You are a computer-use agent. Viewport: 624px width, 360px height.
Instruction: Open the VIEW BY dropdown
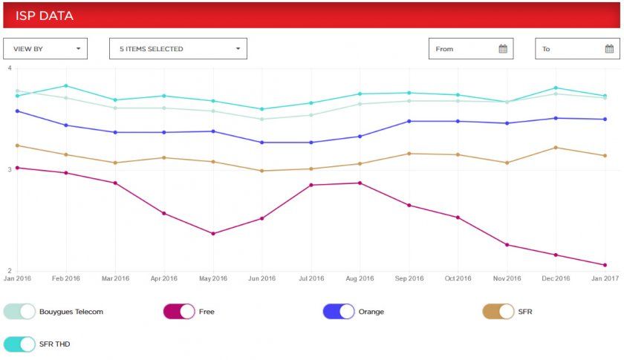pyautogui.click(x=45, y=49)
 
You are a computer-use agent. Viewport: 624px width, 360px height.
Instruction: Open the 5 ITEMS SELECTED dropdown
pyautogui.click(x=178, y=49)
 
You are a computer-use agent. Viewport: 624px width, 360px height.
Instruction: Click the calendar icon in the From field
pyautogui.click(x=503, y=49)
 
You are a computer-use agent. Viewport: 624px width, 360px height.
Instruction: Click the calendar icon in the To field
pyautogui.click(x=609, y=49)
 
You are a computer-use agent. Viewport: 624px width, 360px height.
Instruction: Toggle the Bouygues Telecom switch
pyautogui.click(x=20, y=312)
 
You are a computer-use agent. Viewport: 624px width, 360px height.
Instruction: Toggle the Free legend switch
pyautogui.click(x=179, y=312)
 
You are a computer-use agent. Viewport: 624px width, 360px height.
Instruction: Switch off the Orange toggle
pyautogui.click(x=339, y=312)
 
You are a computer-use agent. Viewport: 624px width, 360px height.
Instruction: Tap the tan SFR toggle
pyautogui.click(x=498, y=312)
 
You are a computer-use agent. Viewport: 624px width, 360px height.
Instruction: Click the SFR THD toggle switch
pyautogui.click(x=20, y=344)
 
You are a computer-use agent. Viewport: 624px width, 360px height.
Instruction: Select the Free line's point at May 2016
pyautogui.click(x=213, y=234)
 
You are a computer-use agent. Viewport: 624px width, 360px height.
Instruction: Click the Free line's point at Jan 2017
pyautogui.click(x=605, y=265)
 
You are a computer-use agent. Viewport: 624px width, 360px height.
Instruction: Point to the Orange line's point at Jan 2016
pyautogui.click(x=17, y=111)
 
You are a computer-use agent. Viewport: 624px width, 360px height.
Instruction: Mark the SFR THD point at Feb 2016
pyautogui.click(x=66, y=86)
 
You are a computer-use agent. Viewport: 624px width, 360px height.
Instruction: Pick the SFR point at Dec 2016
pyautogui.click(x=556, y=148)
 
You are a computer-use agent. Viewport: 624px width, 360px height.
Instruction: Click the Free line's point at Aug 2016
pyautogui.click(x=360, y=183)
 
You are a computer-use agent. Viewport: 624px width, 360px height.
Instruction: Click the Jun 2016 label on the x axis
pyautogui.click(x=262, y=279)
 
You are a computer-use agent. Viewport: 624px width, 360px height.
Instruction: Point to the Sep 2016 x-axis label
pyautogui.click(x=409, y=279)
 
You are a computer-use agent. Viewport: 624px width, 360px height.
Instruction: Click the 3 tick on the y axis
pyautogui.click(x=9, y=170)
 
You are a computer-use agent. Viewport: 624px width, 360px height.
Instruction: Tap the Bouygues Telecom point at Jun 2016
pyautogui.click(x=262, y=119)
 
